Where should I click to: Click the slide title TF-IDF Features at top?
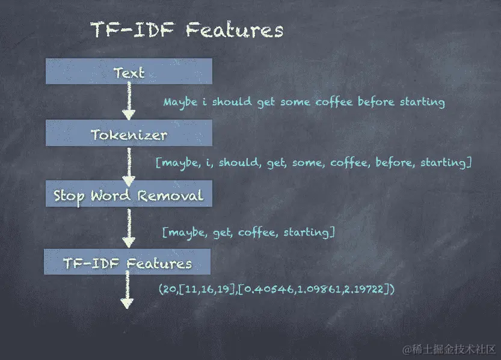point(187,30)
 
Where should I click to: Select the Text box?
point(129,71)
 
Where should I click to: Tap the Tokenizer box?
point(129,133)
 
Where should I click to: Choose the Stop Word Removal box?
point(129,194)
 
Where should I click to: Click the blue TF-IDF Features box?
point(127,261)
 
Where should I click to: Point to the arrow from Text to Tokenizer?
point(129,101)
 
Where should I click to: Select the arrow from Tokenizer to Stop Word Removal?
point(129,167)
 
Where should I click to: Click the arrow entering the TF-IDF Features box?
point(129,228)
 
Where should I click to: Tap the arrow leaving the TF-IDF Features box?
point(127,290)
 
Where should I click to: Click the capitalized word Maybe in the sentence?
point(180,103)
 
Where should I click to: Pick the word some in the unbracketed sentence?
point(295,102)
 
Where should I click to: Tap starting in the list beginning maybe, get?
point(306,233)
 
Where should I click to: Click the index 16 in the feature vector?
point(207,289)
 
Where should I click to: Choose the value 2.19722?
point(364,289)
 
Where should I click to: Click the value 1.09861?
point(319,289)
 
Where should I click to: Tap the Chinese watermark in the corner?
point(449,349)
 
